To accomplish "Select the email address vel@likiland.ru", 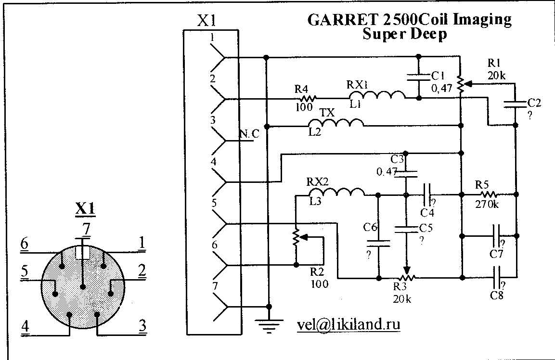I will point(348,325).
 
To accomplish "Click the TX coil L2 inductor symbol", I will point(342,124).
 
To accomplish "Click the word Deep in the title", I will point(426,35).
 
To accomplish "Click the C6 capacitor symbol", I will point(379,243).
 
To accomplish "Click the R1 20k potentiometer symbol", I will point(461,85).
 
